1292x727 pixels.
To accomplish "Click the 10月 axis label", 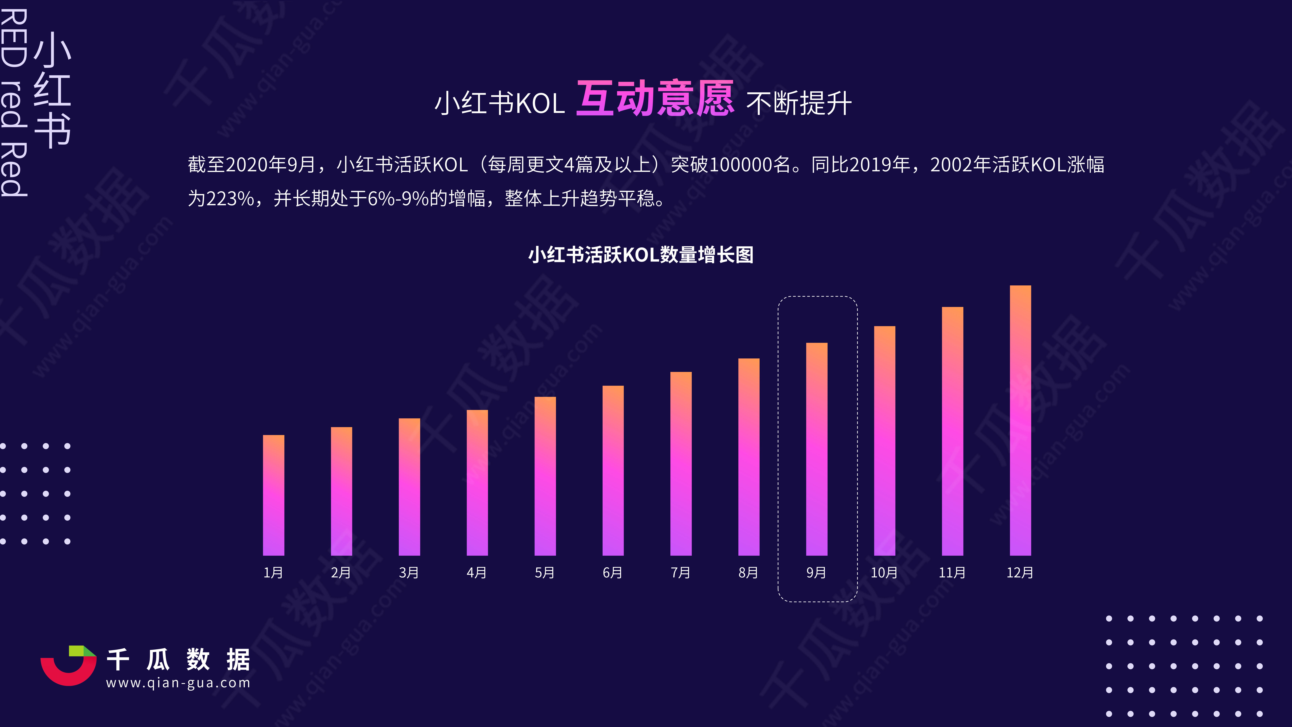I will tap(884, 573).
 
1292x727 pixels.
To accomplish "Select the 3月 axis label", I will tap(409, 573).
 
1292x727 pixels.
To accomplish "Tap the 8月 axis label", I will tap(748, 573).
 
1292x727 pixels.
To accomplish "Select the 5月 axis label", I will tap(545, 573).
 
